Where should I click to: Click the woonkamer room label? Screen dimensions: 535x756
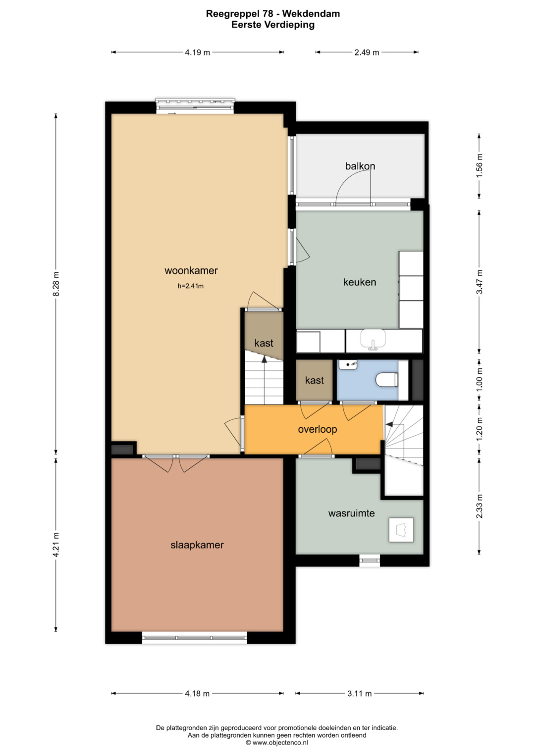coord(191,271)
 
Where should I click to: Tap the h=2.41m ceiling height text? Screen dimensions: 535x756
coord(191,286)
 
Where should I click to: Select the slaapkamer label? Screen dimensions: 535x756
coord(197,545)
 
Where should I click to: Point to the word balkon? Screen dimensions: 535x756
coord(360,166)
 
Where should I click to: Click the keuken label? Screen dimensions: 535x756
coord(360,282)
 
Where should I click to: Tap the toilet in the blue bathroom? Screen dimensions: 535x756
coord(387,380)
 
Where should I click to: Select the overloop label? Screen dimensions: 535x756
coord(318,429)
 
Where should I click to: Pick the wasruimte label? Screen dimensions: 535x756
coord(351,513)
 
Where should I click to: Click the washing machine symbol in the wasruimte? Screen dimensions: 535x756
coord(401,530)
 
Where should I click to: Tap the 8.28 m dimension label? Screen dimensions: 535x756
coord(56,284)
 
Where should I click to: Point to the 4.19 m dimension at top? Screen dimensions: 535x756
coord(197,52)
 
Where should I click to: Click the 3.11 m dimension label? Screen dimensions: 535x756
coord(359,694)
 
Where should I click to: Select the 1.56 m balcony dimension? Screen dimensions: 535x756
coord(480,166)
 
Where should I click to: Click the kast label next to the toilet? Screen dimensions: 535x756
coord(315,380)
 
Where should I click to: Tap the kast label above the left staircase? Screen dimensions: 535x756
coord(264,343)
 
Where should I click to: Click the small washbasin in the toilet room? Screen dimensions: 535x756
coord(348,365)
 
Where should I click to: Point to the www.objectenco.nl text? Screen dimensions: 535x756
coord(277,743)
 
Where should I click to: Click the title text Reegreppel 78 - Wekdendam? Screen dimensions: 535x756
coord(273,14)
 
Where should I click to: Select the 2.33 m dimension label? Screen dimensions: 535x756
coord(480,506)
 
